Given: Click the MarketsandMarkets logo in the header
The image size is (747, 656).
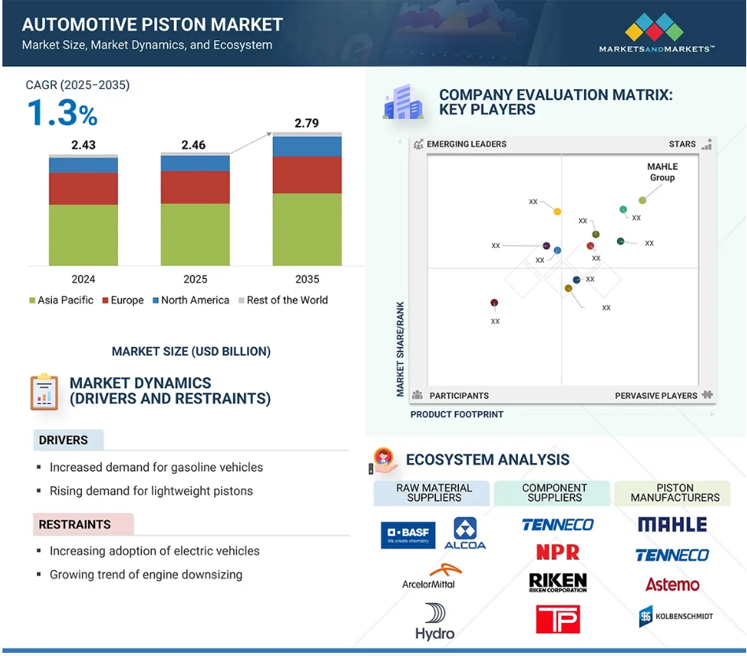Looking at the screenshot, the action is click(656, 32).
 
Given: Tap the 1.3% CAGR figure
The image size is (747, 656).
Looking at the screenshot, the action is click(62, 113).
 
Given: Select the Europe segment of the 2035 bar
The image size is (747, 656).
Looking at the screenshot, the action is click(307, 175).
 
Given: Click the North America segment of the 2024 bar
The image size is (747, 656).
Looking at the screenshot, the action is click(83, 165).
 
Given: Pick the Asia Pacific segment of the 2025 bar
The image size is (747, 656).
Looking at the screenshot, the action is click(195, 235).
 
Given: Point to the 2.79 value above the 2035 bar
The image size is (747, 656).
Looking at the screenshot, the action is click(306, 123).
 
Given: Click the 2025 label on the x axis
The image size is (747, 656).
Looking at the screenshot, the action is click(195, 279).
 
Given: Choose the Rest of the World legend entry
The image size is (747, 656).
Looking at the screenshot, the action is click(283, 300).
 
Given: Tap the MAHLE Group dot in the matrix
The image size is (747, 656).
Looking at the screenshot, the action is click(642, 200).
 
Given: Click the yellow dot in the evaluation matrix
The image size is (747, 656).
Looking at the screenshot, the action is click(557, 212).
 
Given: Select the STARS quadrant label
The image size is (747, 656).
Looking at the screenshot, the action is click(682, 144).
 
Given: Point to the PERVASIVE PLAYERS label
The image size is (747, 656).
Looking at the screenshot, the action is click(656, 395).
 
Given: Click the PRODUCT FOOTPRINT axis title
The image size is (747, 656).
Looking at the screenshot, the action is click(457, 415).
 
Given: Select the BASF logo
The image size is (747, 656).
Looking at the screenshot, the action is click(409, 536).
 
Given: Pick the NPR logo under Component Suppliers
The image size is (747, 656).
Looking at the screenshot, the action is click(558, 553).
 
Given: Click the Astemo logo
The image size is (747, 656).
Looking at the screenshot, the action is click(672, 584).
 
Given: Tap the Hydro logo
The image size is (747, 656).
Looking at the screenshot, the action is click(435, 621).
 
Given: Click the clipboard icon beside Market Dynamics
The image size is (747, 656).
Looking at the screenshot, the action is click(44, 392).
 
